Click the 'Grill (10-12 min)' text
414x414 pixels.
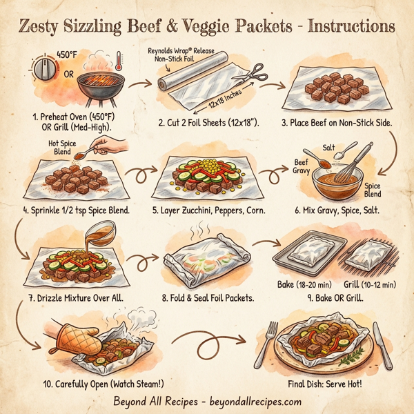click(x=370, y=284)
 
